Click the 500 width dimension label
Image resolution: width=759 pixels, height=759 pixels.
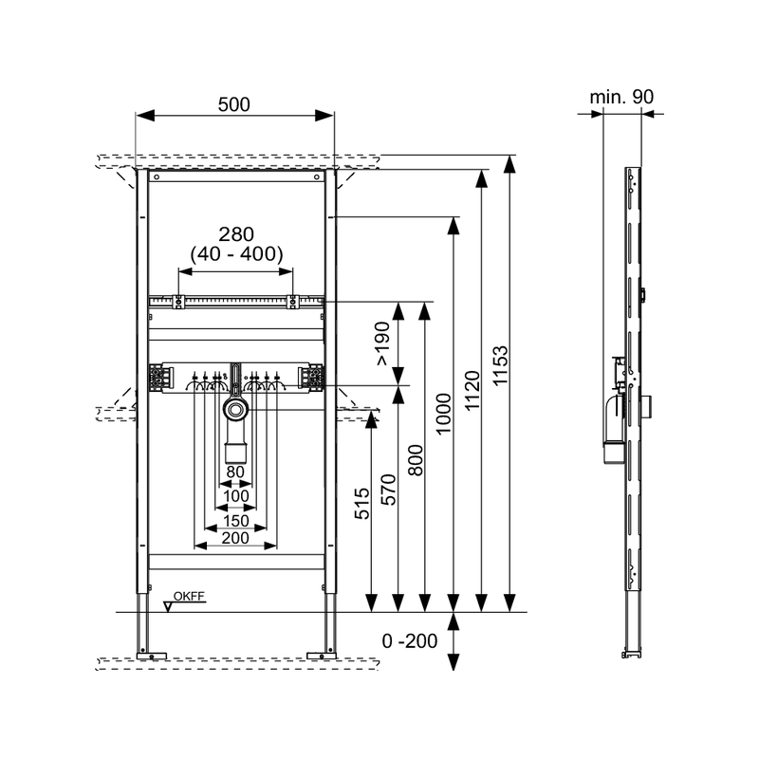[x=233, y=104]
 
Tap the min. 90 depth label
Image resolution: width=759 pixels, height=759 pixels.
[x=621, y=97]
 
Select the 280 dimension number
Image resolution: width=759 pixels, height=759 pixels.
[x=236, y=234]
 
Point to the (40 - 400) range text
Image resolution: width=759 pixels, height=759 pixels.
[x=236, y=253]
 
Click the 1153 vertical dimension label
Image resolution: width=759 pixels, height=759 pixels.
[x=500, y=365]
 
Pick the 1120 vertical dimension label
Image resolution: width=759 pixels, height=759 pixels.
[x=472, y=391]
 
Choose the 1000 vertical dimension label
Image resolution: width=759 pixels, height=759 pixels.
[x=443, y=415]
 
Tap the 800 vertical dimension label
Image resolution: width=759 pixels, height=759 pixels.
[x=416, y=460]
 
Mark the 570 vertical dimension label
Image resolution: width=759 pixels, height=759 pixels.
[x=388, y=490]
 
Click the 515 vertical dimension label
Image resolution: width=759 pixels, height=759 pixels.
[x=361, y=504]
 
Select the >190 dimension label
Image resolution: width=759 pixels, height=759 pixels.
[x=382, y=343]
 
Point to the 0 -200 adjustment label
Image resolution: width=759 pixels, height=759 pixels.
[x=410, y=641]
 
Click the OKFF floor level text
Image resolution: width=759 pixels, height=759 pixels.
[x=189, y=597]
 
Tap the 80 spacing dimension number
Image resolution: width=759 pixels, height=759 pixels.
[x=235, y=472]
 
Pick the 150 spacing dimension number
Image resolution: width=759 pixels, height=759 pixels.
[x=235, y=521]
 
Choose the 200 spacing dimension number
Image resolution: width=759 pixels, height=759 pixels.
[x=235, y=538]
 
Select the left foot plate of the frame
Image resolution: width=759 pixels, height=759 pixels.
[x=152, y=657]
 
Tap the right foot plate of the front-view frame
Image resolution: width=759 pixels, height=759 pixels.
[x=322, y=657]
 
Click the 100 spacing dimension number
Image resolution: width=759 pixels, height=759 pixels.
[x=235, y=496]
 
